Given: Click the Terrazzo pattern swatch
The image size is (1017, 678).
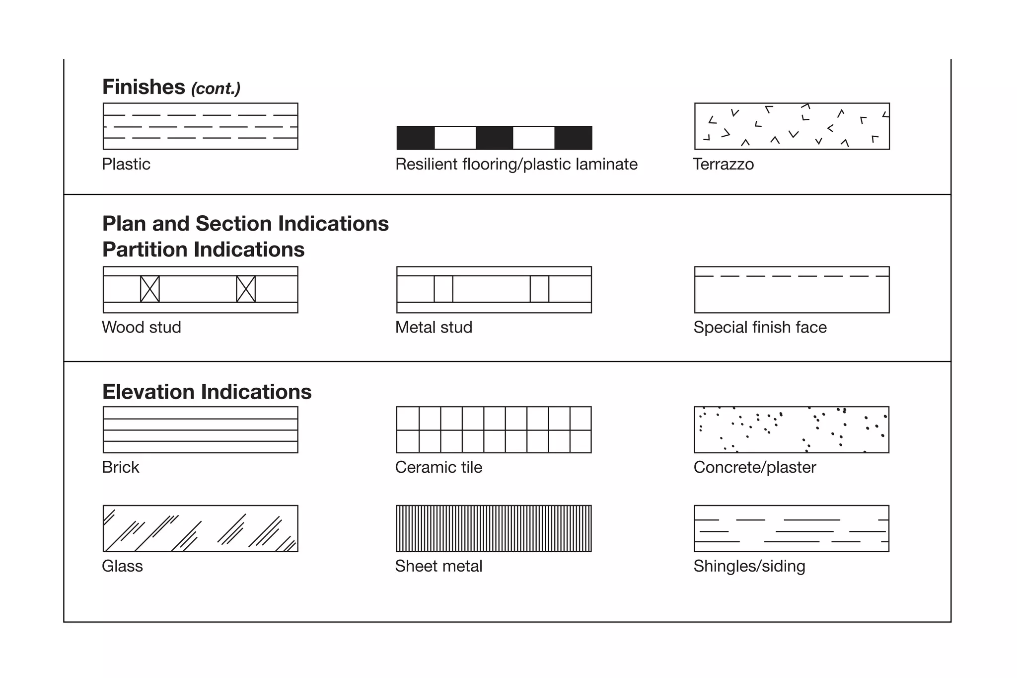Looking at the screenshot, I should [792, 126].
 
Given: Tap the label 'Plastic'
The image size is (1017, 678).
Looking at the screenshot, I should [126, 164].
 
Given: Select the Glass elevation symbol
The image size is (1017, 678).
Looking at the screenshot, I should [200, 528].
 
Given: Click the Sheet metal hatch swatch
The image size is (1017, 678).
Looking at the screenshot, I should [494, 528].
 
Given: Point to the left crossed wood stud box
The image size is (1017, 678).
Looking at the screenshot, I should [150, 289].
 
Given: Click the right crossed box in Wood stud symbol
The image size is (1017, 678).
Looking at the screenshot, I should [246, 289].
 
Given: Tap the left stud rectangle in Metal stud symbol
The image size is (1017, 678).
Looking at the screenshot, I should [443, 289].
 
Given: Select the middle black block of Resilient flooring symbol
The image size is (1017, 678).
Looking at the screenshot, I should [494, 138].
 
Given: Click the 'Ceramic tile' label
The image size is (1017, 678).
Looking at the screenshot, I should [438, 467].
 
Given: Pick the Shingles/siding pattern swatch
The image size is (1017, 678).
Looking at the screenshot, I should [792, 528].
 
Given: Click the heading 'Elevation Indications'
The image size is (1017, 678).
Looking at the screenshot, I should [207, 392].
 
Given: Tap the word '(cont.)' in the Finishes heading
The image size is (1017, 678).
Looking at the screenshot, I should [216, 88].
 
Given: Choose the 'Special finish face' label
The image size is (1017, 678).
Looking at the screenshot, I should [760, 327].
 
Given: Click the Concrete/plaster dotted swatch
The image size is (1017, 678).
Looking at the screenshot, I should [792, 429].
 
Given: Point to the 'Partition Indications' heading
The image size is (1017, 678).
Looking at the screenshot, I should [203, 250].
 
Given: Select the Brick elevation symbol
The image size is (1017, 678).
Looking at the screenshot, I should [200, 429].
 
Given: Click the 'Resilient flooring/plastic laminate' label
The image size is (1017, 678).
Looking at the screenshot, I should [516, 164].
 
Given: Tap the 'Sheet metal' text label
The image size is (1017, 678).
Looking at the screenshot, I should [438, 566].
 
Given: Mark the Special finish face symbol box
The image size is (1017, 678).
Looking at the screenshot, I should [792, 290].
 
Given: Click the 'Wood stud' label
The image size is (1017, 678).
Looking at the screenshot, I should [142, 327].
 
